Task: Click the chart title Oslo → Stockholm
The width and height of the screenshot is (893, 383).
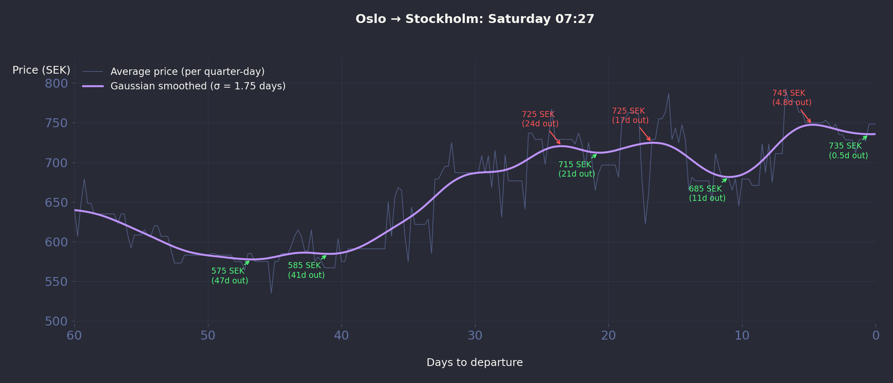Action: [x=475, y=19]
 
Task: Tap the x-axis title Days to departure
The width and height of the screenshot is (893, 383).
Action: [x=475, y=363]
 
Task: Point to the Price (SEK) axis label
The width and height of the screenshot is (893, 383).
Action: [x=41, y=70]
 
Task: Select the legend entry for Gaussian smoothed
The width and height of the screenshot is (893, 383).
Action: [x=198, y=86]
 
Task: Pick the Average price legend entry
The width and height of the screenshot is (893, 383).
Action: [x=187, y=71]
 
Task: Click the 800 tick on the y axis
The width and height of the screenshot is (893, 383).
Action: [x=57, y=83]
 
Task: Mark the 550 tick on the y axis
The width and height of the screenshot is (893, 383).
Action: [x=57, y=282]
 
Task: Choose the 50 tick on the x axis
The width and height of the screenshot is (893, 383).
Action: [x=208, y=336]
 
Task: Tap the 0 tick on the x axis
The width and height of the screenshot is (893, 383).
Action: [x=876, y=336]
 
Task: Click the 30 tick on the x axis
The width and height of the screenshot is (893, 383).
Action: [x=475, y=336]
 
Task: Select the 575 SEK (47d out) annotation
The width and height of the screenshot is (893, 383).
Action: [x=230, y=276]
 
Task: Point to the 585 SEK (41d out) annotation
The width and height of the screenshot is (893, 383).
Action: [x=306, y=270]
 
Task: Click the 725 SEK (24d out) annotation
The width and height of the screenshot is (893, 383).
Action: [x=540, y=119]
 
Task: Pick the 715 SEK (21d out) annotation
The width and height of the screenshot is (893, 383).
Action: [x=577, y=169]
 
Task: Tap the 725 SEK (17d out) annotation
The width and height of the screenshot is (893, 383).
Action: [x=630, y=116]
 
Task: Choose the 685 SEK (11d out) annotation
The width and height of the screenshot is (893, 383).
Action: [x=707, y=193]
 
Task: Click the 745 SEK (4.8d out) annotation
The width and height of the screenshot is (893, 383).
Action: [x=792, y=98]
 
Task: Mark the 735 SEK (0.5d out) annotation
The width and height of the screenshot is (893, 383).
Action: [x=848, y=151]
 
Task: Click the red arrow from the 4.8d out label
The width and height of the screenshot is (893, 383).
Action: [x=805, y=116]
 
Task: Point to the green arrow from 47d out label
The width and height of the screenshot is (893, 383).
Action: [x=246, y=263]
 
